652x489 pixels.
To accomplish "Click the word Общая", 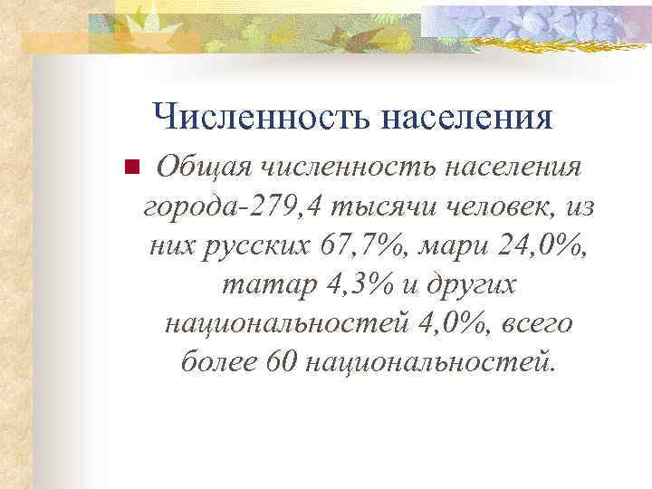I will point(201,168).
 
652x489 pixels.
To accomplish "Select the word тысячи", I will point(373,206).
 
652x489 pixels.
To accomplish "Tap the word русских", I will point(260,245).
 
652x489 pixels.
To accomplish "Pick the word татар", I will point(261,284).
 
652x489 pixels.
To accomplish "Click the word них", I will point(176,245).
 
